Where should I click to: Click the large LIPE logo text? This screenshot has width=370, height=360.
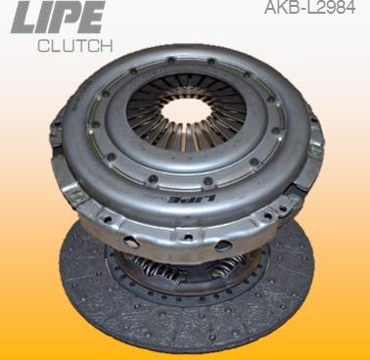(x=58, y=17)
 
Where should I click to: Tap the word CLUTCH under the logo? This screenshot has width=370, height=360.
(x=75, y=46)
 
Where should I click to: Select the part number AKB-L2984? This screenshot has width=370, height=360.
(x=309, y=7)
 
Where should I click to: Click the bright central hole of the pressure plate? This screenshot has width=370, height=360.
(x=186, y=111)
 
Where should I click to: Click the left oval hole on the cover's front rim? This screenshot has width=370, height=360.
(x=131, y=242)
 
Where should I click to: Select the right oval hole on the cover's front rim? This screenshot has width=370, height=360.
(x=224, y=245)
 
